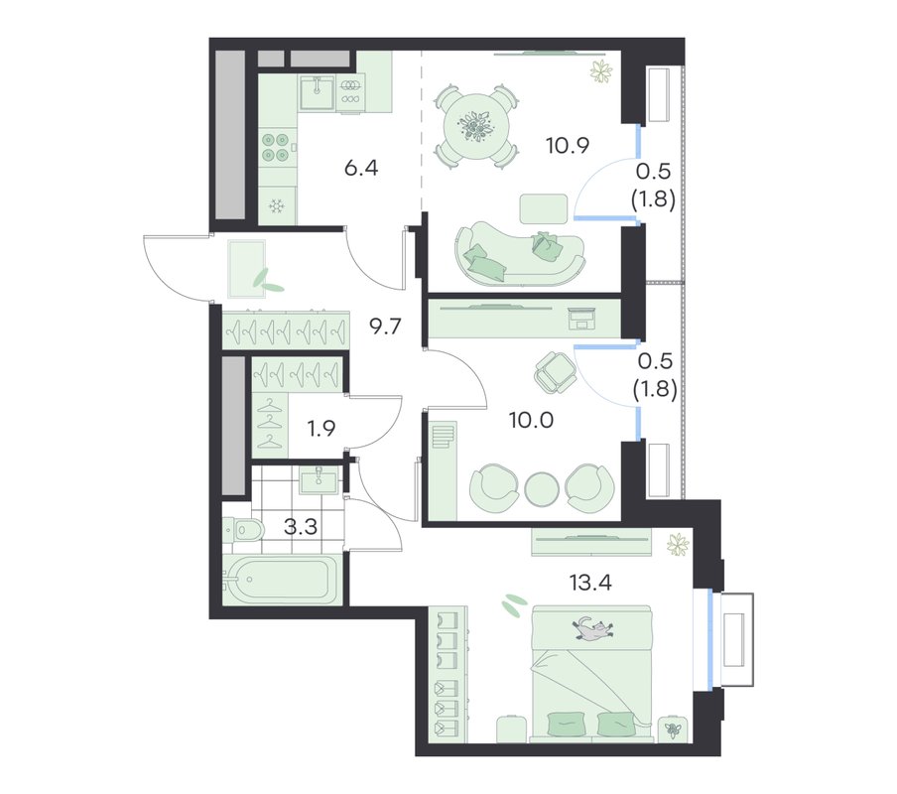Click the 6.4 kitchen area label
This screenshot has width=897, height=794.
[x=361, y=169]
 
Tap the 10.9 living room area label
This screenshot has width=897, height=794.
[x=567, y=146]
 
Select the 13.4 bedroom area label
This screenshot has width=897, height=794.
[x=590, y=583]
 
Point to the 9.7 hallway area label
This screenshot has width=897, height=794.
[x=385, y=328]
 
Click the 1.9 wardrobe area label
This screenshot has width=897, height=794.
[x=320, y=428]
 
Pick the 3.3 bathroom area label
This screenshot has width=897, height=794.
[x=301, y=526]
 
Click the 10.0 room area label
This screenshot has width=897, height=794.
[x=532, y=421]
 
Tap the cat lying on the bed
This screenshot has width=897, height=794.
[x=593, y=629]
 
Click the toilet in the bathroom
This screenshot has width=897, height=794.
[x=242, y=530]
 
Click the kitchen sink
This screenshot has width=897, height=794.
[x=317, y=92]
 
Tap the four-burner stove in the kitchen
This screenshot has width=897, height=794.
[x=275, y=147]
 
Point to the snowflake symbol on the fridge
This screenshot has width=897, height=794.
[x=277, y=205]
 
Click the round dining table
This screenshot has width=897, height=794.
[x=476, y=125]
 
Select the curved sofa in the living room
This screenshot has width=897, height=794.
[x=521, y=254]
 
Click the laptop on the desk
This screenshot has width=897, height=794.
[x=582, y=318]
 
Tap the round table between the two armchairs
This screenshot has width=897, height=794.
[x=541, y=488]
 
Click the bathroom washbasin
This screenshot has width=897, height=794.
[x=319, y=480]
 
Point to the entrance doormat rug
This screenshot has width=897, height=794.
[x=246, y=269]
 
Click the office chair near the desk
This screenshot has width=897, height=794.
[x=554, y=372]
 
